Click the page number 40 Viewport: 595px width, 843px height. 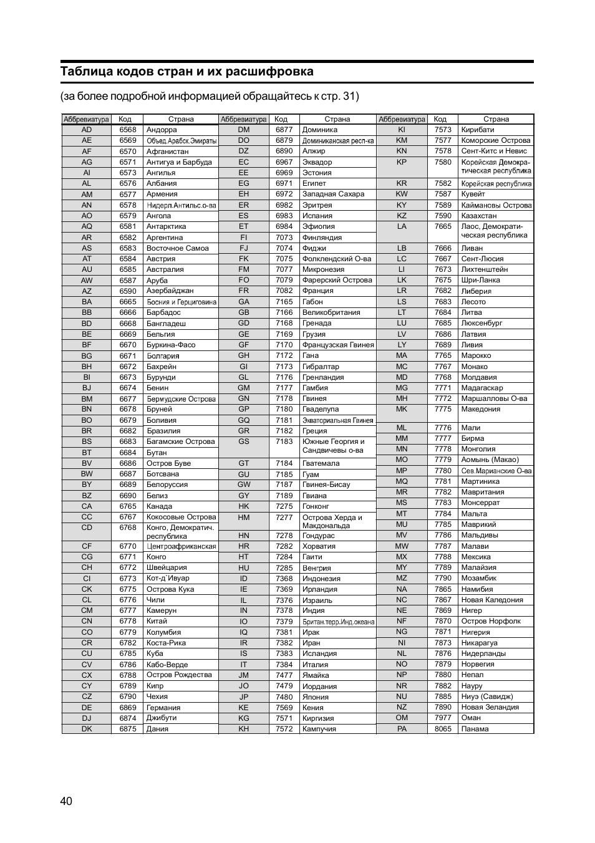(66, 801)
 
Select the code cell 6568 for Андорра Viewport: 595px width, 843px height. (128, 130)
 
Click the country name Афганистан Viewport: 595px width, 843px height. (167, 152)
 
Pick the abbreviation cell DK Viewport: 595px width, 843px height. (87, 729)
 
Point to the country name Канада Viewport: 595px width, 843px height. (159, 506)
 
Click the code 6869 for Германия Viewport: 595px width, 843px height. (128, 708)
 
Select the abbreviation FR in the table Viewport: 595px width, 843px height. (244, 291)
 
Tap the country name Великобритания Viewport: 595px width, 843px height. (331, 312)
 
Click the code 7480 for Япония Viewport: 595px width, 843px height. (284, 697)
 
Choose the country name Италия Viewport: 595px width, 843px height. (315, 665)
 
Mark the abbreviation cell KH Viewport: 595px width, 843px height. (244, 729)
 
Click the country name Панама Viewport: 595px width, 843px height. (475, 729)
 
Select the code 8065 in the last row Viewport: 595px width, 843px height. (443, 729)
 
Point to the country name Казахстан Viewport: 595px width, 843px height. (479, 216)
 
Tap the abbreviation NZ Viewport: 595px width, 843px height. (402, 707)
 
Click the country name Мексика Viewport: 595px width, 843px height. (476, 557)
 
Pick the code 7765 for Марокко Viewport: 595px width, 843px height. (443, 355)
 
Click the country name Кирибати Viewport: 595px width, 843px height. (478, 130)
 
